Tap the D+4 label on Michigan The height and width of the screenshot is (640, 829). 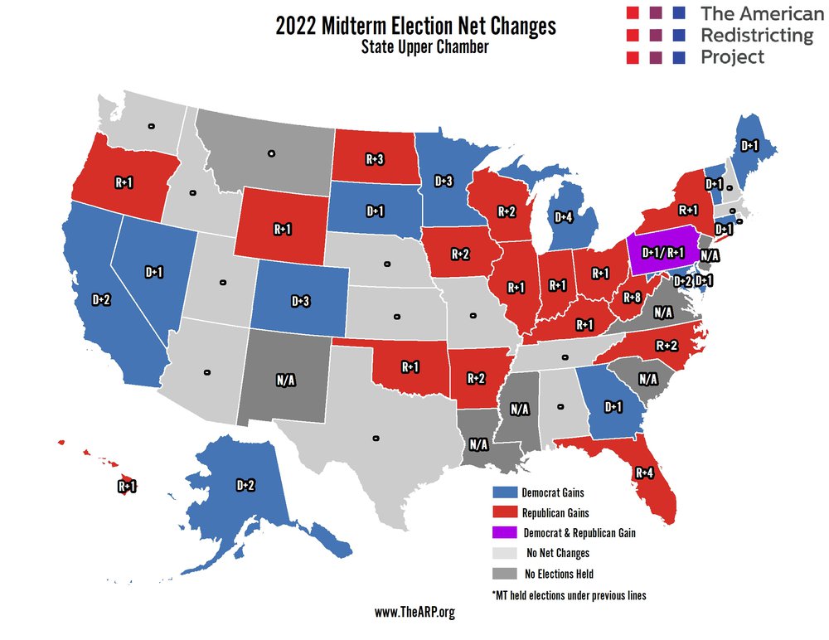(x=564, y=217)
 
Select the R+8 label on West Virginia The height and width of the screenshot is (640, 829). (x=633, y=298)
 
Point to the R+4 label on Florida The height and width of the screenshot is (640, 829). (x=646, y=473)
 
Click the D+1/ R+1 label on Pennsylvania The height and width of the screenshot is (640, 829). (x=662, y=251)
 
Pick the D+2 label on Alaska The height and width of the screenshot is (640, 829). (x=245, y=485)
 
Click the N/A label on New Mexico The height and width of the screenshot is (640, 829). (x=288, y=381)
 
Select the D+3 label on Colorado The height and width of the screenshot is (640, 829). (x=301, y=301)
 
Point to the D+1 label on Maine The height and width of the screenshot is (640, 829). (x=749, y=146)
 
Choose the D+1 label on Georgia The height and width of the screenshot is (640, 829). (x=613, y=406)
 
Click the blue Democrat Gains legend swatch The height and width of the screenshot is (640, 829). (x=504, y=492)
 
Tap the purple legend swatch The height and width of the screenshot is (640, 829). (x=504, y=532)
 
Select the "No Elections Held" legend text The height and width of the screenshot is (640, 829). (x=560, y=574)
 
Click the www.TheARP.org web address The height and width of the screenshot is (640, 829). (x=414, y=613)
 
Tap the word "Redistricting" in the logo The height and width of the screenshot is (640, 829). (x=757, y=36)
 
